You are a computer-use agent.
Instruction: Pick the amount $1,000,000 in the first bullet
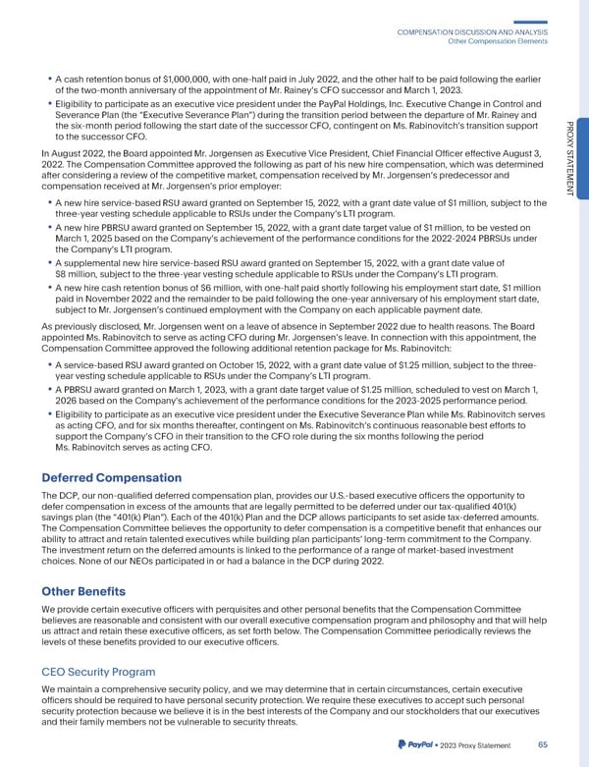point(197,78)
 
